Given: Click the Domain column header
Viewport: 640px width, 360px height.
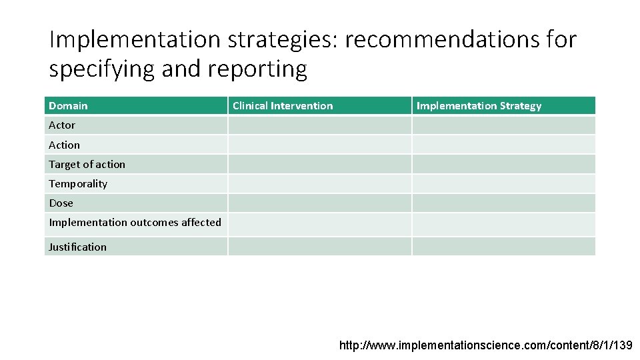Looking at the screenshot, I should tap(68, 106).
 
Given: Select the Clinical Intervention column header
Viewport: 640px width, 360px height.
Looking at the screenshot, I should tap(283, 106).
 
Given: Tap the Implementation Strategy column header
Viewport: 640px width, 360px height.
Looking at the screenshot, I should tap(479, 106).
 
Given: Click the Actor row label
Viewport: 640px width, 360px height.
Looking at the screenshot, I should tap(62, 125).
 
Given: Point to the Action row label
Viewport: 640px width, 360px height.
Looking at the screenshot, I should tap(64, 145).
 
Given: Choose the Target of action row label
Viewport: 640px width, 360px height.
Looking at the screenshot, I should tap(87, 164).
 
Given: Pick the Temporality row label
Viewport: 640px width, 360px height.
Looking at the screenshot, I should tap(78, 183).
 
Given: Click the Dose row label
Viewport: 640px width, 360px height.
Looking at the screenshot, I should tap(61, 203).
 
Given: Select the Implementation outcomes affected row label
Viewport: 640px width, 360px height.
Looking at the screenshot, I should tap(135, 223).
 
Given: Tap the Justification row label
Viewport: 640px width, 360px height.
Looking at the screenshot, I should tap(77, 247).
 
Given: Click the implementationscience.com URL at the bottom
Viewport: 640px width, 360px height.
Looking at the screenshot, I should tap(487, 345).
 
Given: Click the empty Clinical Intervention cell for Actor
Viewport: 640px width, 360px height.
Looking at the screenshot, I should tap(319, 125).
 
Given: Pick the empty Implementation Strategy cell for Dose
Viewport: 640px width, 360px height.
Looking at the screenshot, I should tap(503, 203).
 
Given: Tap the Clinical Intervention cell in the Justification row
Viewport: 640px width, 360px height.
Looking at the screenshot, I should tap(319, 247).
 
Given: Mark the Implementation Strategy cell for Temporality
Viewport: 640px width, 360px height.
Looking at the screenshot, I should tap(503, 183).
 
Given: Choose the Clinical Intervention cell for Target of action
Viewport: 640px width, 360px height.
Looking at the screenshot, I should tap(319, 164).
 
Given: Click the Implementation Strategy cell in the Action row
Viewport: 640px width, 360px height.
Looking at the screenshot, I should tap(503, 145).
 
